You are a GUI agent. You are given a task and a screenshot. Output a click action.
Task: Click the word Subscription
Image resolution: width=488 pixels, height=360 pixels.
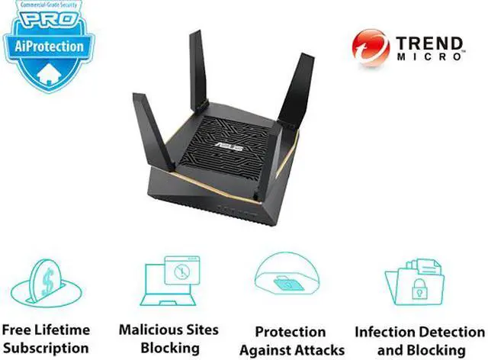pyautogui.click(x=46, y=348)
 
